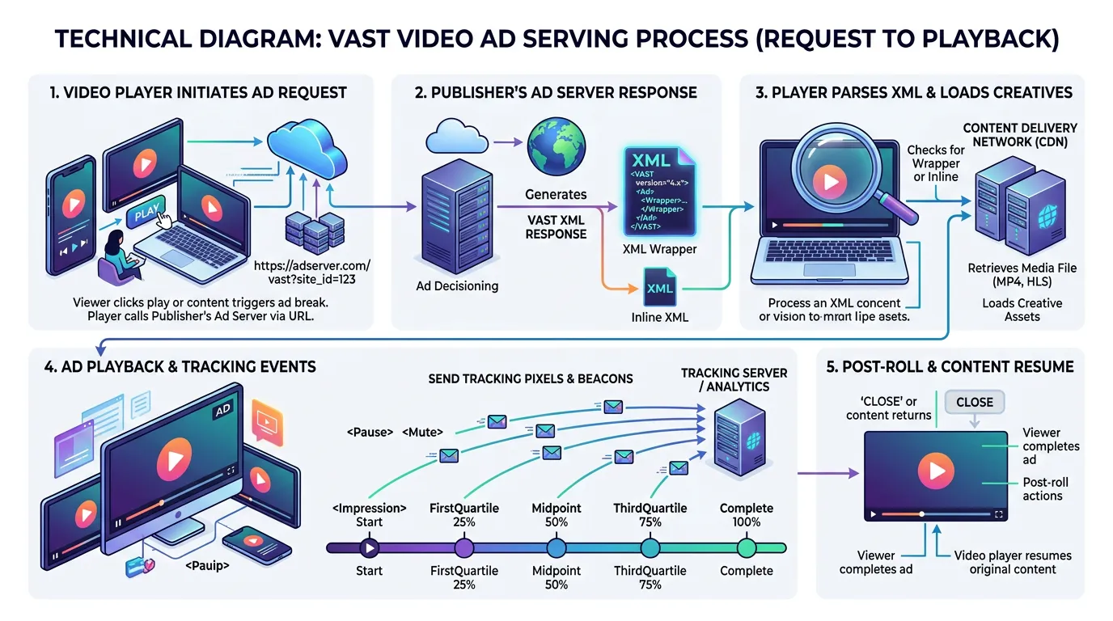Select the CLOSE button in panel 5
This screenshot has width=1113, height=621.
click(974, 402)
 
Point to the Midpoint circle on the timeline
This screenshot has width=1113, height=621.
click(556, 547)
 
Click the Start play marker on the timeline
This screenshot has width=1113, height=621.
click(369, 547)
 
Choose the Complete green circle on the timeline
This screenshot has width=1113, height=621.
click(746, 547)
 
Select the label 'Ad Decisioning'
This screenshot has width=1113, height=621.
click(457, 285)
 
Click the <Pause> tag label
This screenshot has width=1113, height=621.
click(374, 433)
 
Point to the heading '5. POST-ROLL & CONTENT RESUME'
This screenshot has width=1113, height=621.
click(950, 366)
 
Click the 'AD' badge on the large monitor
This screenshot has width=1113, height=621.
click(222, 412)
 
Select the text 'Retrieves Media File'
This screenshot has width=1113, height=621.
click(1022, 268)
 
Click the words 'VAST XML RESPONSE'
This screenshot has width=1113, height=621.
click(556, 226)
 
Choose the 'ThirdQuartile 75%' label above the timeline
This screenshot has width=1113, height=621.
click(650, 515)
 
